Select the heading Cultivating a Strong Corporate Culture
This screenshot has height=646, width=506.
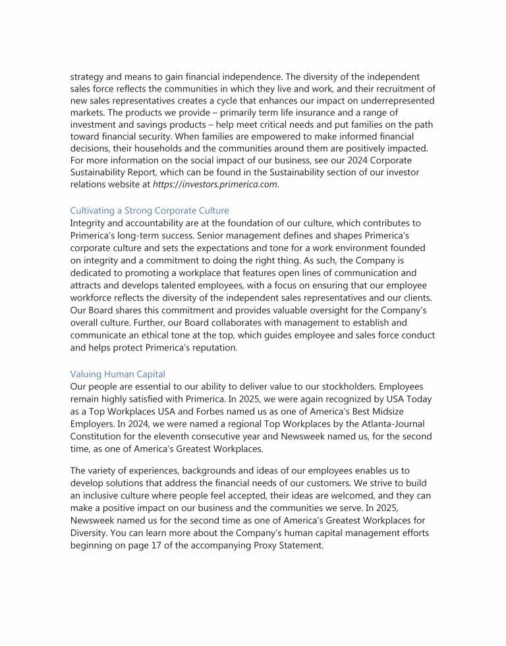150,211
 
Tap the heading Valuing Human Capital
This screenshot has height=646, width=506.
117,374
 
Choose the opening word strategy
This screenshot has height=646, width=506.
89,76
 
